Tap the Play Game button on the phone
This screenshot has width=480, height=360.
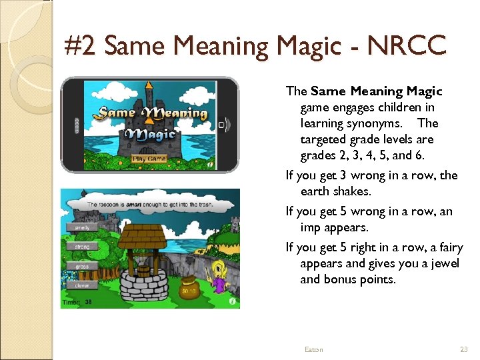coord(149,159)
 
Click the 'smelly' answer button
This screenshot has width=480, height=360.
coord(83,227)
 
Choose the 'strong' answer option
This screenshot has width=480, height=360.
coord(83,247)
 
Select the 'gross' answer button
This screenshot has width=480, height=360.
coord(83,266)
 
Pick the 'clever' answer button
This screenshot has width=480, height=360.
coord(83,285)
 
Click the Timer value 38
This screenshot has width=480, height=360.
coord(89,302)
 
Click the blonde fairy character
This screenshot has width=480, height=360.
coord(219,277)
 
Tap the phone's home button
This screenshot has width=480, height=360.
coord(222,125)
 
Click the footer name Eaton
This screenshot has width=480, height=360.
coord(313,349)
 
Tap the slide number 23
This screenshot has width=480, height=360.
coord(464,349)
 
